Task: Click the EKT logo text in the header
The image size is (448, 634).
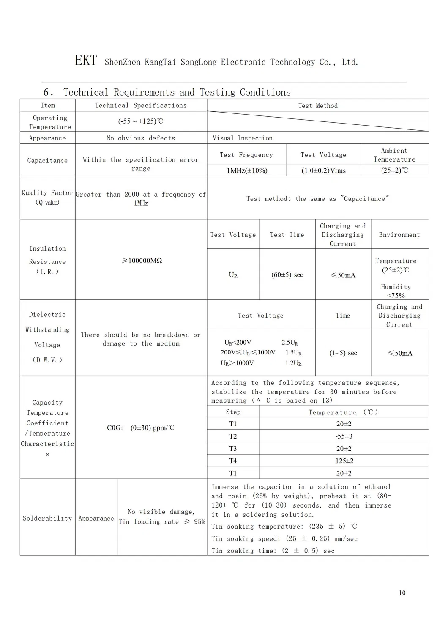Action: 86,60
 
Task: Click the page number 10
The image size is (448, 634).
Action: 402,593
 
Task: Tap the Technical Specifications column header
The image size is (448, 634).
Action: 141,105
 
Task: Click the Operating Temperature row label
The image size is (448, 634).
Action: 50,122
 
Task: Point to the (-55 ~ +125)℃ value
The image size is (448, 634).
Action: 141,121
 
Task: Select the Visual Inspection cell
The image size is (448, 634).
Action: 242,138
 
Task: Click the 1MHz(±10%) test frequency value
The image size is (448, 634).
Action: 247,170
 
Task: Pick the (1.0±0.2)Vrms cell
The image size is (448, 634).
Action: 323,170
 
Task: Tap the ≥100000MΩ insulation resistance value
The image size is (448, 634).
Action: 142,261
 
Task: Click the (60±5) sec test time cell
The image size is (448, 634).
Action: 287,274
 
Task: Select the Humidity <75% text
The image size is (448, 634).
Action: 396,291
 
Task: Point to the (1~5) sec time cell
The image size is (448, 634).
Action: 343,353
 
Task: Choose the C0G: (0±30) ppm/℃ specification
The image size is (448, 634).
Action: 140,428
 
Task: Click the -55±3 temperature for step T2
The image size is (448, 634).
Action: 344,436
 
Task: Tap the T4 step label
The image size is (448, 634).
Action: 233,461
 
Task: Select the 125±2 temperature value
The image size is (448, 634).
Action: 344,461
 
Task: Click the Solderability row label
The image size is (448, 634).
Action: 47,518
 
